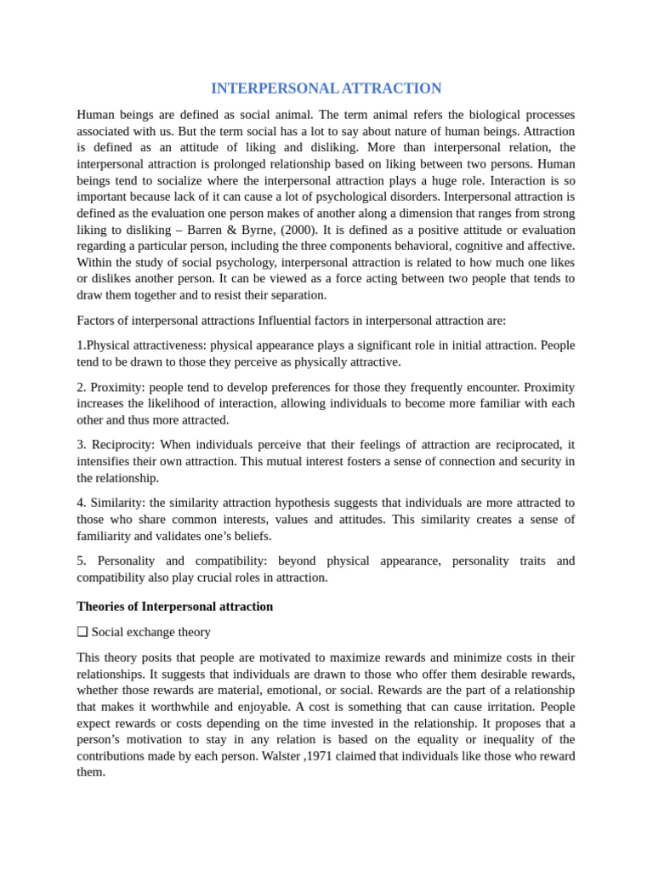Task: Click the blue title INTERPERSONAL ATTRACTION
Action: point(326,88)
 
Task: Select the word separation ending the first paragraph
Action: point(297,295)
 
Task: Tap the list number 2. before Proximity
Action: point(82,387)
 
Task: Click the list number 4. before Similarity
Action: point(82,503)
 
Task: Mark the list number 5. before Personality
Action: point(82,561)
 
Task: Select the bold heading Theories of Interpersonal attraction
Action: point(175,606)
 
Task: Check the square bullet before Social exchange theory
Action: point(82,632)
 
